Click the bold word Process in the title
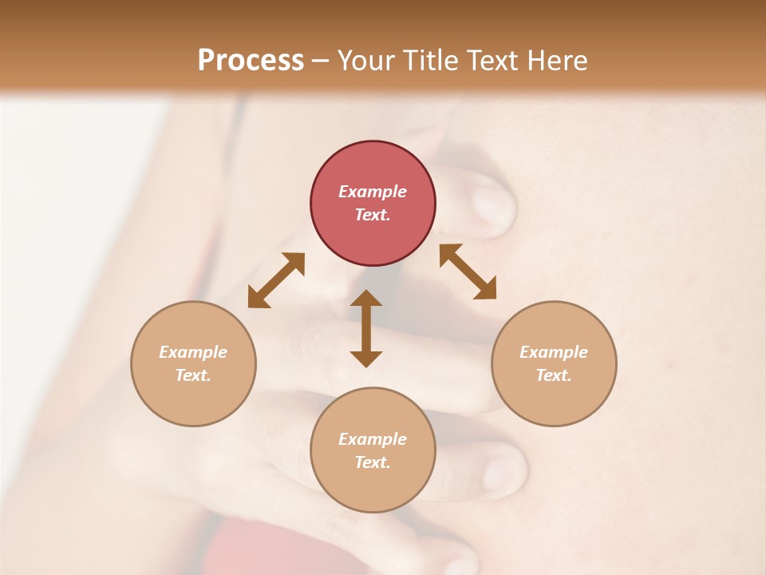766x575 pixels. [x=251, y=61]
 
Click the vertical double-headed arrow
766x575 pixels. [x=366, y=328]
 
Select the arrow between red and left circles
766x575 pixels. [x=276, y=280]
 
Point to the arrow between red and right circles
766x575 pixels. [x=468, y=272]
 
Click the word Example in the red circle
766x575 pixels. [x=373, y=192]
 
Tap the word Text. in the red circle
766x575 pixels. [x=373, y=215]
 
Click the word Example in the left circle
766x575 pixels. [x=193, y=352]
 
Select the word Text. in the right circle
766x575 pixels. [x=554, y=375]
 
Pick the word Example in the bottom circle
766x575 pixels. [x=373, y=439]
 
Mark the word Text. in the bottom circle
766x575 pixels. [x=373, y=462]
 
